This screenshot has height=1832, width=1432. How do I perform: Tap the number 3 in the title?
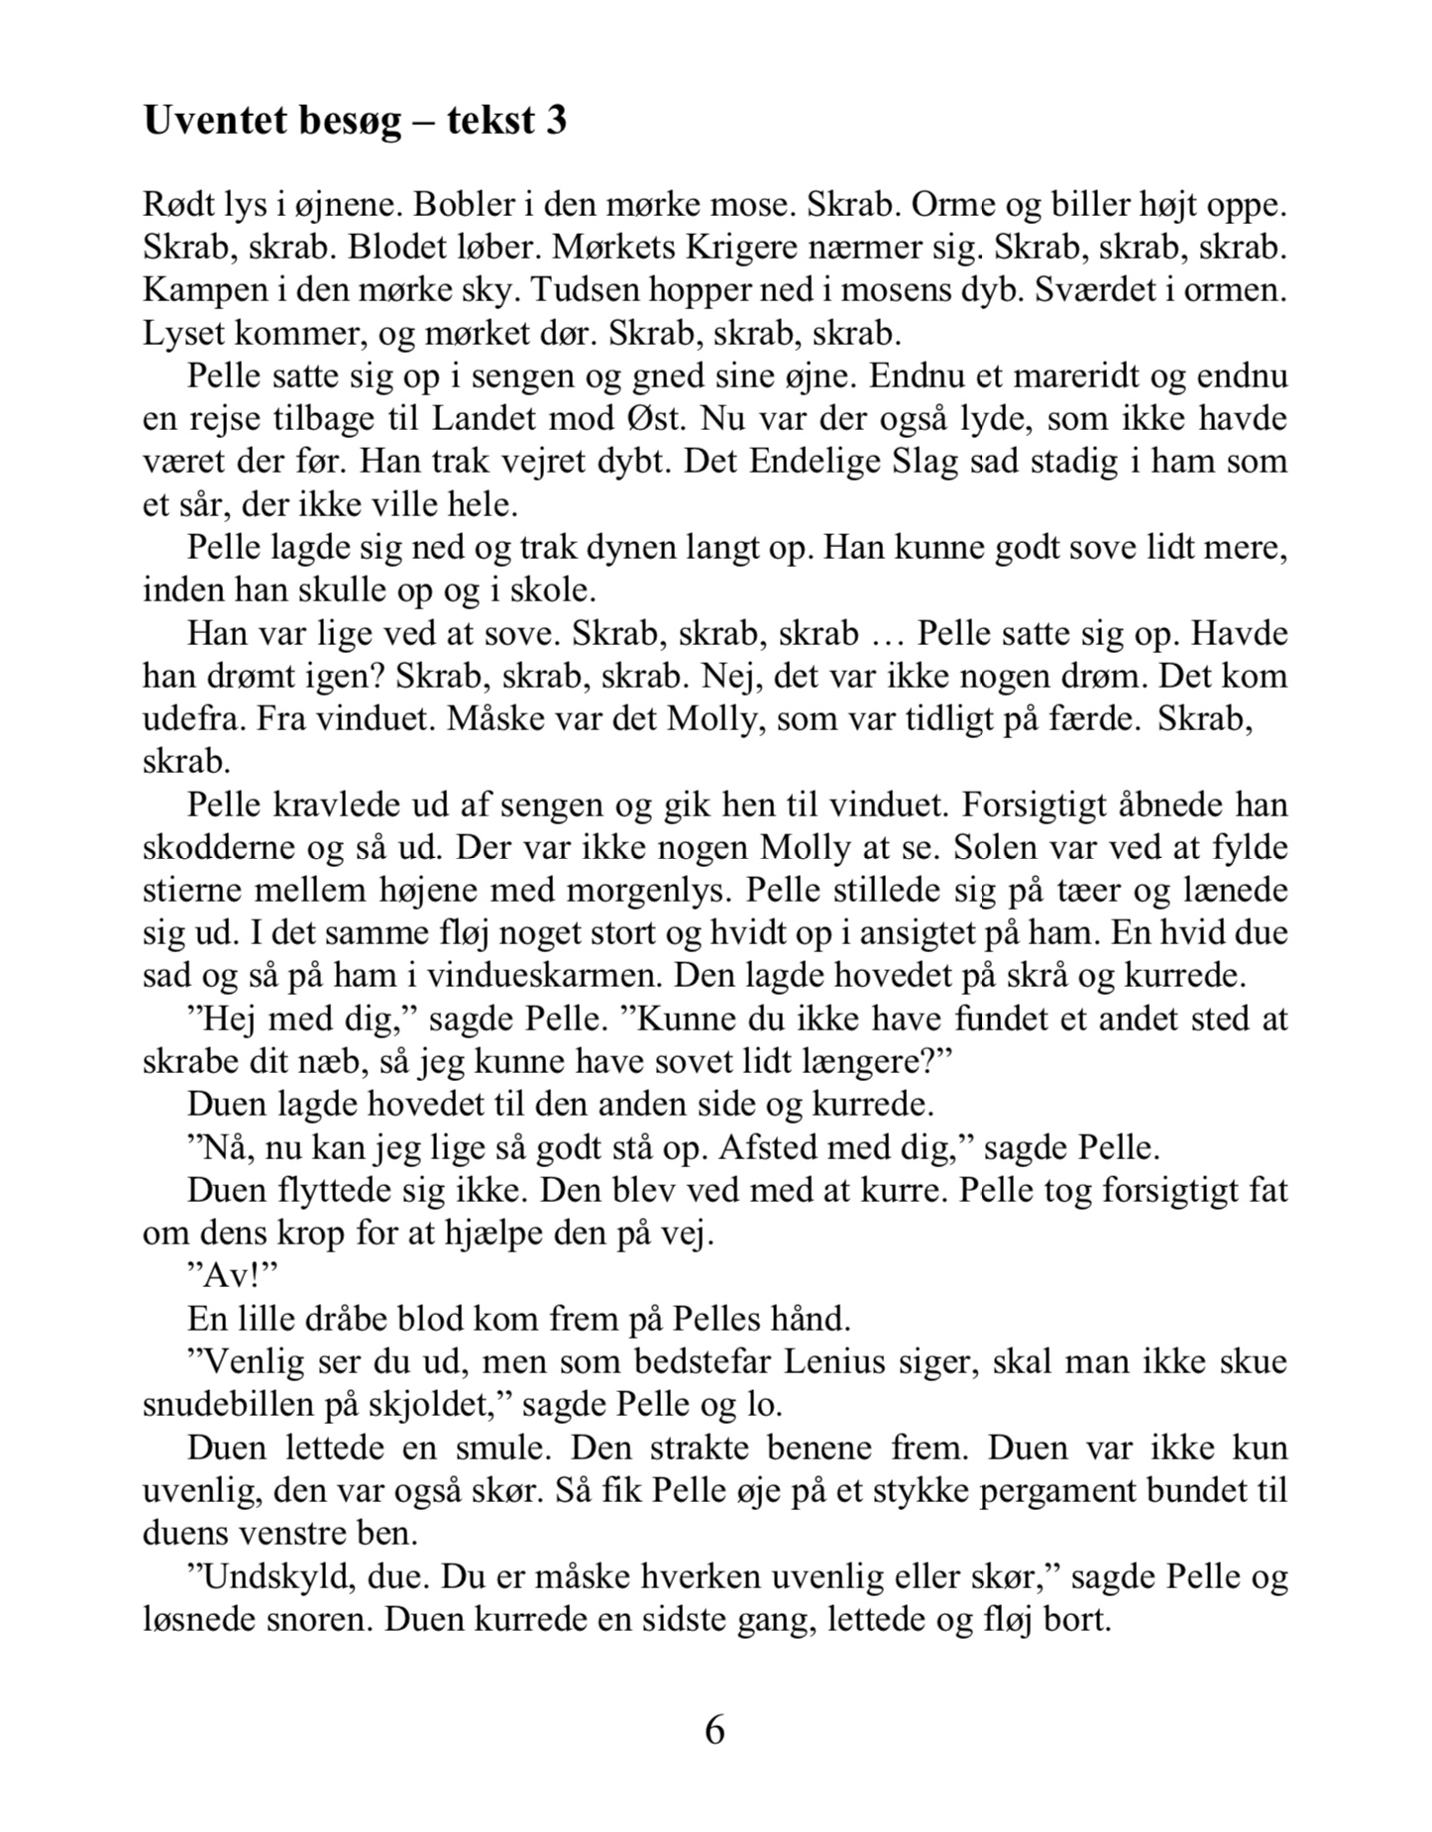(556, 121)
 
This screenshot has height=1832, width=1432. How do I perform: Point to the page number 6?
(715, 1729)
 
